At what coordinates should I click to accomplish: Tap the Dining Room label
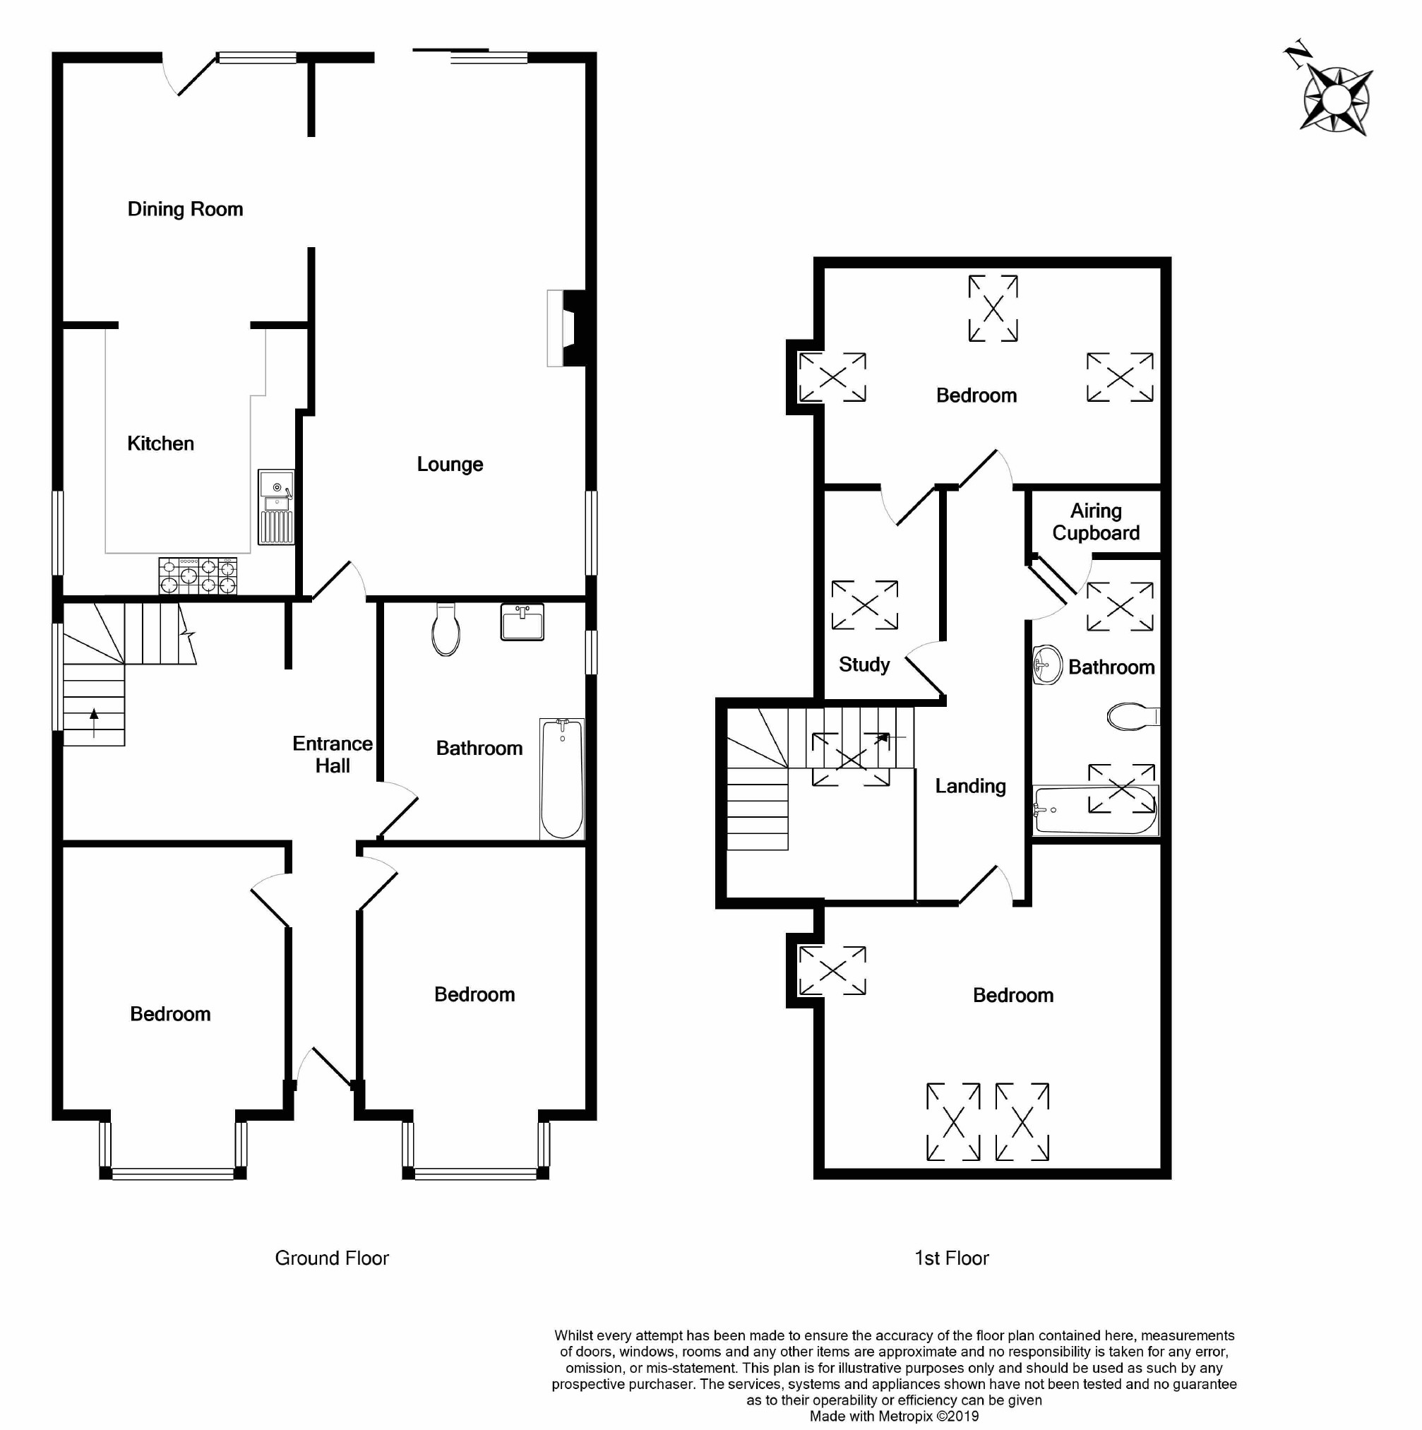click(185, 210)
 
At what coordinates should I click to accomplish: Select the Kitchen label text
click(160, 444)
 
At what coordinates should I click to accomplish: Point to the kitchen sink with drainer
click(276, 506)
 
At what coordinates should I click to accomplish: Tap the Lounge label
click(450, 465)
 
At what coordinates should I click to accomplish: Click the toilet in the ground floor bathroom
click(446, 630)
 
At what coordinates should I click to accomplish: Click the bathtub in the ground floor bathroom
click(561, 779)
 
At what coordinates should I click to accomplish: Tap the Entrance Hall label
click(332, 755)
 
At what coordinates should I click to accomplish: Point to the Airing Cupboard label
click(1096, 523)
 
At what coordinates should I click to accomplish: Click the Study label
click(864, 665)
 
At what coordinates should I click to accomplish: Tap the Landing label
click(970, 786)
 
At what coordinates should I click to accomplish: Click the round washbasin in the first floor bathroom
click(1047, 665)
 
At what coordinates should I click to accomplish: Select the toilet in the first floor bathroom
click(1131, 717)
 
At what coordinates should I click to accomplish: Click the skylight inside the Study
click(864, 605)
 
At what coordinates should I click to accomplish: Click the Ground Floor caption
click(331, 1258)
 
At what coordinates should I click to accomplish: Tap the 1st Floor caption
click(952, 1258)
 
